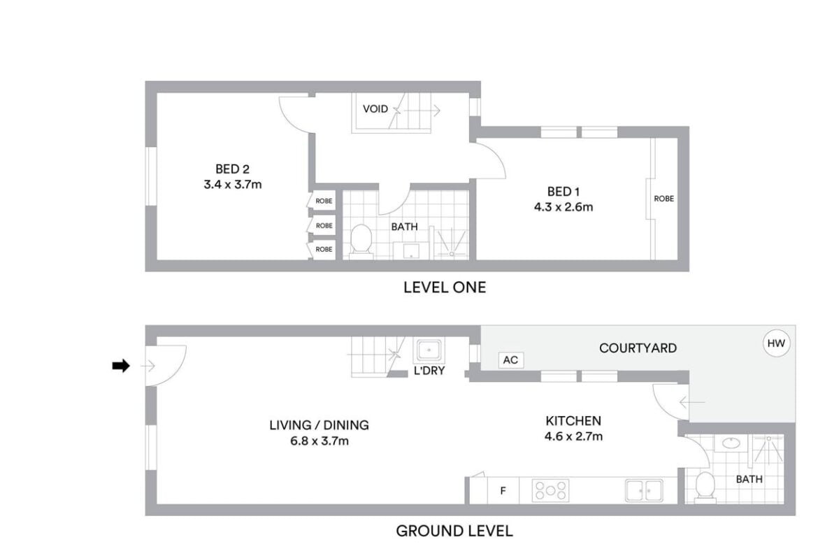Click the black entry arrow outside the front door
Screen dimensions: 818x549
(x=120, y=366)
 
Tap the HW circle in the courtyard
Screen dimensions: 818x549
(x=776, y=343)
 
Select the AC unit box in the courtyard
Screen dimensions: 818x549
(x=511, y=359)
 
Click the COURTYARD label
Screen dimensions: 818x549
(x=638, y=348)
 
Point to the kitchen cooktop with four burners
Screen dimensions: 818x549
(x=550, y=490)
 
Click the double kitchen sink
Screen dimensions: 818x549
(x=644, y=490)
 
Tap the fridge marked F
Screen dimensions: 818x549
(x=503, y=490)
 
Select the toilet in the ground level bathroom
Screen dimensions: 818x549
(x=705, y=487)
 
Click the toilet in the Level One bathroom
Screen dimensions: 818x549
(x=361, y=241)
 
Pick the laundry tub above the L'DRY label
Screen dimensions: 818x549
(x=429, y=350)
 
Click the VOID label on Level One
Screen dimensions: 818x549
(x=375, y=108)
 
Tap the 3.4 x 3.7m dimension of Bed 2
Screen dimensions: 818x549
(x=233, y=184)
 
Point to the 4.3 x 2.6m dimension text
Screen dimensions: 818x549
(x=564, y=206)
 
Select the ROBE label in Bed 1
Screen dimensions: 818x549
(x=663, y=199)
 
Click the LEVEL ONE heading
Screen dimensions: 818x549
(x=445, y=287)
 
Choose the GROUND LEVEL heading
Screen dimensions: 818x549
(x=454, y=532)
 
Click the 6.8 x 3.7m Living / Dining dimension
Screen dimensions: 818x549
(x=320, y=441)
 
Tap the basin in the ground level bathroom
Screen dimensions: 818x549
(x=731, y=443)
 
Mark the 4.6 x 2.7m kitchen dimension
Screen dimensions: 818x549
(x=573, y=436)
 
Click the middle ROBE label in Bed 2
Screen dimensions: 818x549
(x=324, y=225)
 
